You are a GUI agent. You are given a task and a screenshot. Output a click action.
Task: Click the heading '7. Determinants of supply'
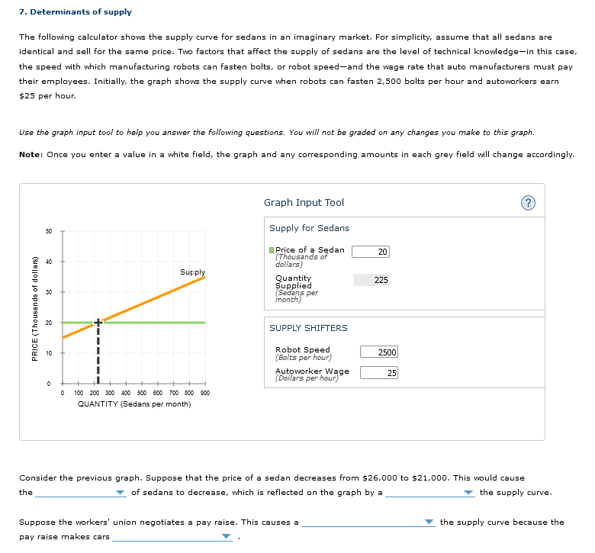[x=75, y=12]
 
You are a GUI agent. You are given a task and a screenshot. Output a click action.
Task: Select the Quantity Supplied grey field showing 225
[x=371, y=280]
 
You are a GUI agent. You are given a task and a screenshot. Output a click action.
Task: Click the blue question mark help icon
[x=529, y=203]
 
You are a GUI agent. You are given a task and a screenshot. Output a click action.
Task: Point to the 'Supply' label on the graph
[x=192, y=272]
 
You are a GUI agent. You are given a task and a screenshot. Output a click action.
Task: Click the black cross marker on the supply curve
[x=97, y=323]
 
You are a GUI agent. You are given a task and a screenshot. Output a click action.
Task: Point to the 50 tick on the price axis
[x=48, y=231]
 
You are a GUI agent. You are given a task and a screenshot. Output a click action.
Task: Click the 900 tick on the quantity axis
[x=204, y=393]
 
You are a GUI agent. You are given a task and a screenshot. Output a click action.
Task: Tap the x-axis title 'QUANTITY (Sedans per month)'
[x=134, y=403]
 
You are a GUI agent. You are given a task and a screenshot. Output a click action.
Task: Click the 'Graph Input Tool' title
[x=304, y=203]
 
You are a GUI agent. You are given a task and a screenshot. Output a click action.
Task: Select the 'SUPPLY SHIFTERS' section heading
[x=308, y=328]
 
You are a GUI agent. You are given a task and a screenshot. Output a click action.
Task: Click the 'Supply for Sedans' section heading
[x=309, y=228]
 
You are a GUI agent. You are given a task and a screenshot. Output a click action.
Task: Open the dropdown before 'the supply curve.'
[x=431, y=493]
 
